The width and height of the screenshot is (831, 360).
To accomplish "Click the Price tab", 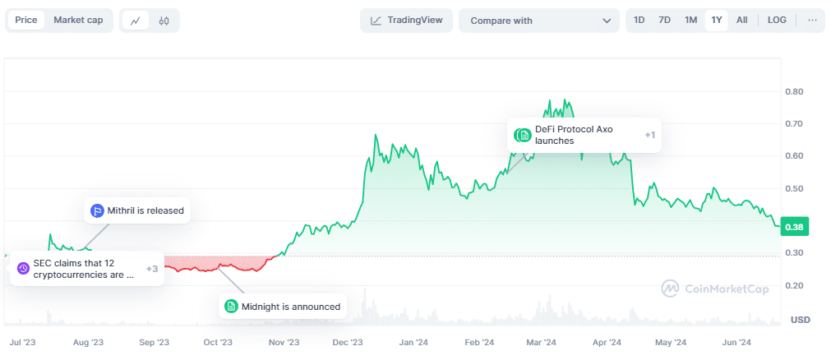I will (x=26, y=21).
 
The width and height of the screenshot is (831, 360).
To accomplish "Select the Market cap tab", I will (x=78, y=21).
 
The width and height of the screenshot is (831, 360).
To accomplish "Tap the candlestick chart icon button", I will (x=164, y=21).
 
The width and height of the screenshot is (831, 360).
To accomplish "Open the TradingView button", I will (x=406, y=21).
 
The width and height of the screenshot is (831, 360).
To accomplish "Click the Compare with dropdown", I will (x=538, y=21).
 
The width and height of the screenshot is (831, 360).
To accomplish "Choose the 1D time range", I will (x=639, y=21).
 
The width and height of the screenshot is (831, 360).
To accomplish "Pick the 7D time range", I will (x=664, y=21).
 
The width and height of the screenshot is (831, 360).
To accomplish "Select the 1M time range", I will (x=690, y=21).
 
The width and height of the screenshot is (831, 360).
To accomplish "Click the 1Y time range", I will (x=716, y=21).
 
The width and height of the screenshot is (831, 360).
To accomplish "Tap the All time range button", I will (x=741, y=21).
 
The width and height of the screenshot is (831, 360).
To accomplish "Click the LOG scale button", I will (x=777, y=21).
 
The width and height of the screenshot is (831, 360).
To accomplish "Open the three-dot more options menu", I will (x=812, y=21).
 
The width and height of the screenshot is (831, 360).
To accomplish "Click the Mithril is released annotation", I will (x=137, y=210).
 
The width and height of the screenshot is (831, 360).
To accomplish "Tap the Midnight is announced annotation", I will (x=282, y=307).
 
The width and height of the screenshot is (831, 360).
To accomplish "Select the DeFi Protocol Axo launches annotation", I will (x=584, y=135).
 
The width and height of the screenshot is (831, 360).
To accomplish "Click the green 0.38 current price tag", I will (x=793, y=227).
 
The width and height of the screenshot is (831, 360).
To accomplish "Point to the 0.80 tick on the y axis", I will (x=793, y=91).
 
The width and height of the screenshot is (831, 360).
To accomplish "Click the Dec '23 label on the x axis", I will (x=347, y=342).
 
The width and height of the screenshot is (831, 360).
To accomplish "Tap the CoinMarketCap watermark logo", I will (x=717, y=288).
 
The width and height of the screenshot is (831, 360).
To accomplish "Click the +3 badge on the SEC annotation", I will (x=152, y=269).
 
